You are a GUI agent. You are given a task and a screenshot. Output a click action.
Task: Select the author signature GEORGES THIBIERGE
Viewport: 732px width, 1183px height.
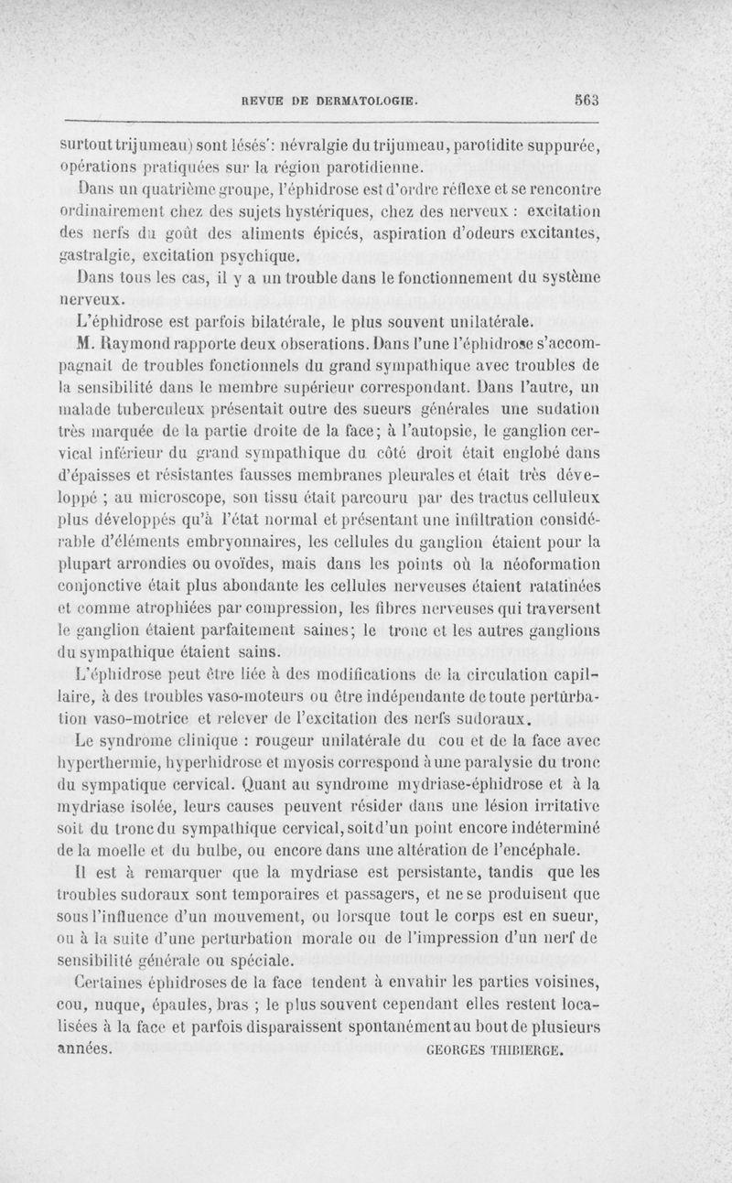493,1050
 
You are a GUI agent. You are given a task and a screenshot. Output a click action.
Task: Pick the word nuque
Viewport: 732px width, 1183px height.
119,1006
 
